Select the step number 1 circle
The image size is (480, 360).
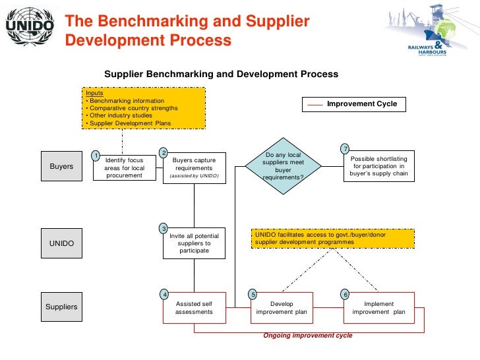pos(96,156)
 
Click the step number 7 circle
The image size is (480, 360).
pos(345,147)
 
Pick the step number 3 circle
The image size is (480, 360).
pos(164,228)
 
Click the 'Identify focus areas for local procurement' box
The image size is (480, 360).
pos(124,167)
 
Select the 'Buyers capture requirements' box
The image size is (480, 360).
pos(194,167)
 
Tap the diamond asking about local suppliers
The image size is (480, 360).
pos(282,166)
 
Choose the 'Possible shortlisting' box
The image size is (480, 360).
pos(378,167)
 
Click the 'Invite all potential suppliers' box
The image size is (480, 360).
pos(194,243)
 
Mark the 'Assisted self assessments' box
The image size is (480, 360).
pos(194,308)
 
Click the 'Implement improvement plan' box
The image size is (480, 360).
pos(378,308)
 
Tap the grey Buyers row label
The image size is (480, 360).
pos(61,167)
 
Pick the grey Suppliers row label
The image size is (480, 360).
pos(61,307)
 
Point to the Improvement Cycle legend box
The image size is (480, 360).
pos(354,104)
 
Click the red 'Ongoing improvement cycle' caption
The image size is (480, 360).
pos(308,336)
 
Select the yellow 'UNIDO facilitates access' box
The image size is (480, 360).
pos(333,238)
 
